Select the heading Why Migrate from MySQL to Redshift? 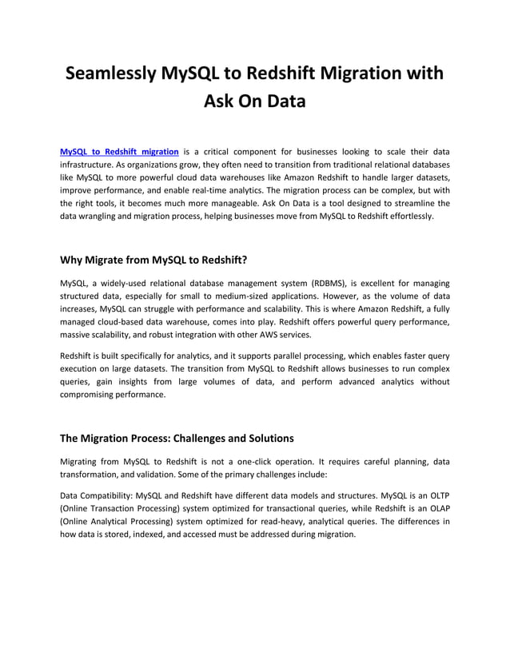click(x=154, y=259)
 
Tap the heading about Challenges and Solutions click(x=177, y=438)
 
